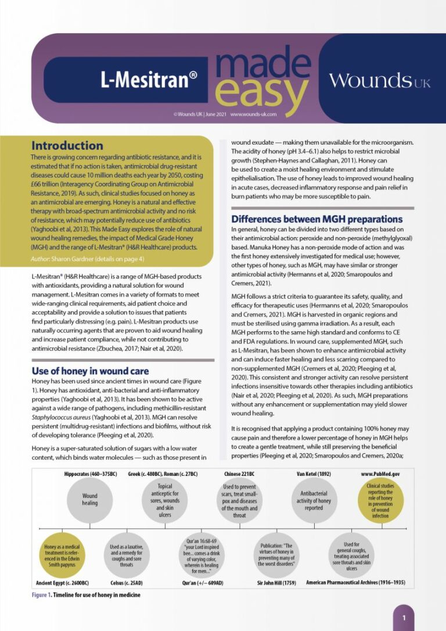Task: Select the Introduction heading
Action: pyautogui.click(x=67, y=145)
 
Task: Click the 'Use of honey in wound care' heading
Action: pyautogui.click(x=90, y=371)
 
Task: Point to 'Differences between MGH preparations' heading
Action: pyautogui.click(x=316, y=219)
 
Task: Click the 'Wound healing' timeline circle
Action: pyautogui.click(x=90, y=499)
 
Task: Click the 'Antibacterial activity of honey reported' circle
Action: pyautogui.click(x=314, y=499)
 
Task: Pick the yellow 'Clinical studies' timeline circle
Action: pyautogui.click(x=380, y=499)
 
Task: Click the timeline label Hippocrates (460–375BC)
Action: pyautogui.click(x=90, y=474)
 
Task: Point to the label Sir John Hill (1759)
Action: pyautogui.click(x=276, y=582)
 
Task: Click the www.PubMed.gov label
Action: pyautogui.click(x=380, y=474)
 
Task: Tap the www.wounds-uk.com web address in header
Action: pyautogui.click(x=253, y=115)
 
